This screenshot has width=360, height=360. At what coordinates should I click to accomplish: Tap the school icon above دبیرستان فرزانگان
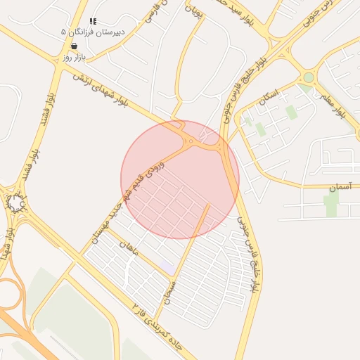tap(94, 22)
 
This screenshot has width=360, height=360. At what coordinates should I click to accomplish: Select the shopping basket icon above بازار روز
tap(74, 46)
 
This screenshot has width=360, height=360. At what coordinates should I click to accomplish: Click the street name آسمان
tap(339, 188)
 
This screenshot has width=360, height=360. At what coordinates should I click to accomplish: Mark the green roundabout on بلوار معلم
tap(308, 77)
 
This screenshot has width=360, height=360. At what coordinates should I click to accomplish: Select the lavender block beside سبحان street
tap(167, 267)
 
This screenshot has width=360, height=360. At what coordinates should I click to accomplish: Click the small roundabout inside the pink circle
tap(190, 142)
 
